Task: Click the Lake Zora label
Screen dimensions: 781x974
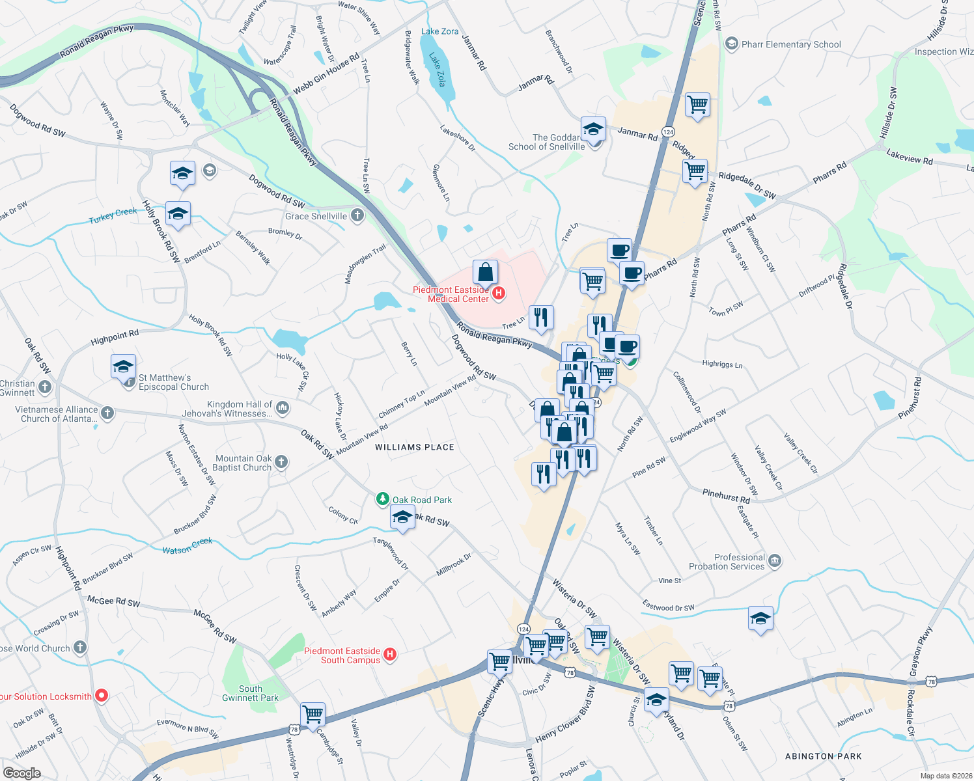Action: (439, 31)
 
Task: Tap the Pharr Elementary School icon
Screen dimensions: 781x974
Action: (731, 44)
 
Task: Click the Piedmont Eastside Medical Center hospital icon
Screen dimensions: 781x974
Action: (499, 294)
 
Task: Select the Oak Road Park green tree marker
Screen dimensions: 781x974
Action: (383, 500)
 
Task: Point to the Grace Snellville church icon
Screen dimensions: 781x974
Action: (357, 215)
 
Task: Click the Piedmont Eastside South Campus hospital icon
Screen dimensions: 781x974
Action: (390, 655)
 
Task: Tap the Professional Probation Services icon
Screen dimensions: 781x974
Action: (774, 561)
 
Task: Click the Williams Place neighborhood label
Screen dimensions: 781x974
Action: (415, 447)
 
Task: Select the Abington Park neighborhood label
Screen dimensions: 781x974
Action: (823, 756)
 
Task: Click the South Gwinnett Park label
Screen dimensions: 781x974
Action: (250, 693)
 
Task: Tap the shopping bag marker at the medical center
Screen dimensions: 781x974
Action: (485, 271)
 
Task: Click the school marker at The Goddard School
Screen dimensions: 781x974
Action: (593, 129)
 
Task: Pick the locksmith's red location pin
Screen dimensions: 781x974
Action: (102, 696)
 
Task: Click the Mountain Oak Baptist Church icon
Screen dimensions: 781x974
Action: (281, 462)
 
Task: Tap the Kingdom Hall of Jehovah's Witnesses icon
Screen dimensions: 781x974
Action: (283, 408)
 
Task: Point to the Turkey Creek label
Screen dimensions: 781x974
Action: (113, 215)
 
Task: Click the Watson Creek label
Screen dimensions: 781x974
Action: (188, 545)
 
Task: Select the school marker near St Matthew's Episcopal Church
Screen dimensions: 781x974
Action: (123, 366)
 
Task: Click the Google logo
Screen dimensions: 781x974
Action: (21, 773)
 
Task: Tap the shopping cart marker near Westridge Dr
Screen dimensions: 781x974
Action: (313, 713)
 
